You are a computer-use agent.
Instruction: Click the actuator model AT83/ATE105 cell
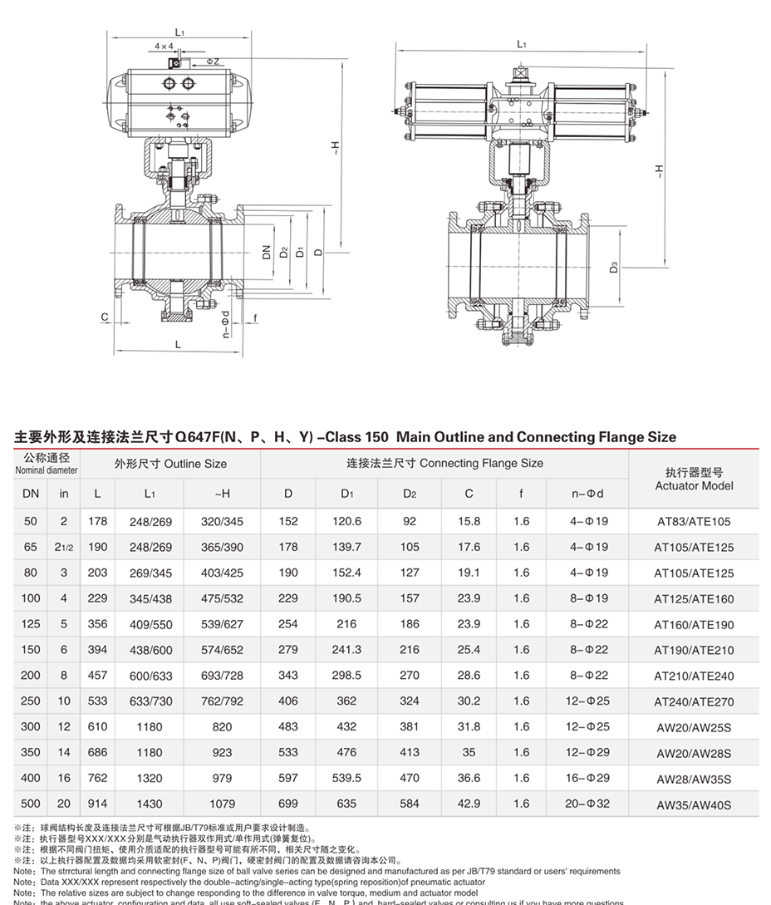(694, 522)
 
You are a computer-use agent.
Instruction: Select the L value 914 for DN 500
(97, 804)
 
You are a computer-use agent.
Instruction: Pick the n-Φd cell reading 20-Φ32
(587, 804)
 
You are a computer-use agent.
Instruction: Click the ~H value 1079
(222, 804)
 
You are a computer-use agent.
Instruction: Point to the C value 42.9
(469, 804)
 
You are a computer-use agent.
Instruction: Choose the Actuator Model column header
(694, 480)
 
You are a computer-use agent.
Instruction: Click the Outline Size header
(170, 464)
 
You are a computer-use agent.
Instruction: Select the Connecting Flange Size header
(444, 463)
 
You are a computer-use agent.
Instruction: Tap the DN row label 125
(31, 624)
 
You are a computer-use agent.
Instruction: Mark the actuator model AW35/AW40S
(694, 804)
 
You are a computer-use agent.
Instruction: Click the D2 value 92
(409, 522)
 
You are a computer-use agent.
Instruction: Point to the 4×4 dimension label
(164, 47)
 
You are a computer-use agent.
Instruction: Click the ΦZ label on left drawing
(212, 61)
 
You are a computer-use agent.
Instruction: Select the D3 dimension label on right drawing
(613, 268)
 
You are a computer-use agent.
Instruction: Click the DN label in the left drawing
(267, 252)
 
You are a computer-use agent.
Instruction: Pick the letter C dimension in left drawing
(106, 317)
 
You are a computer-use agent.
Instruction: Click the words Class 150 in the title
(355, 437)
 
